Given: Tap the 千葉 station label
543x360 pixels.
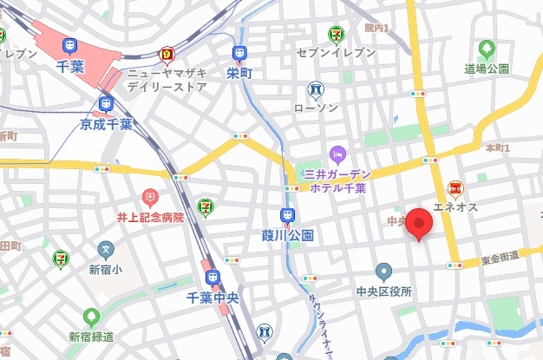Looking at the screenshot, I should click(69, 66).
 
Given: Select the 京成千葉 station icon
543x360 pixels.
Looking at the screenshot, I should click(107, 105).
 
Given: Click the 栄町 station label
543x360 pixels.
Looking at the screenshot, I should click(239, 74).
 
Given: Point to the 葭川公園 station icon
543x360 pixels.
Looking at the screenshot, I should click(286, 216).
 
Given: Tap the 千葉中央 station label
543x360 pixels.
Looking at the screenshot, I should click(213, 298).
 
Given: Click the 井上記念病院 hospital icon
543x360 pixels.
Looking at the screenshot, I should click(150, 199).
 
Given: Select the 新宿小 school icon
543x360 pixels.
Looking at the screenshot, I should click(106, 251).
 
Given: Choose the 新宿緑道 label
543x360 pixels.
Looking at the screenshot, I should click(92, 336).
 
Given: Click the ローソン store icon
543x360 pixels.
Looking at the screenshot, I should click(316, 89).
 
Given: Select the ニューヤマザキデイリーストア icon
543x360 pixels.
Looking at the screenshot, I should click(167, 57).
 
